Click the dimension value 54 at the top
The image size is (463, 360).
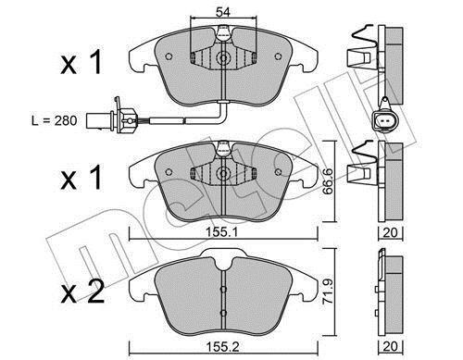223,12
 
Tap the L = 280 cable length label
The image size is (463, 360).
55,120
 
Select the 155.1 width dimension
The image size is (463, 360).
222,233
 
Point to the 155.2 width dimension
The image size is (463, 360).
223,347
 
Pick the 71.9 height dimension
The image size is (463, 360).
327,292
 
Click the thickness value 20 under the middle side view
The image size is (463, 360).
390,232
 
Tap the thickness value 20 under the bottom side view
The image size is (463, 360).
390,346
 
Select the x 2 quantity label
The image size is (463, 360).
82,292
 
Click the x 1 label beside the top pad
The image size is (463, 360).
81,63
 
